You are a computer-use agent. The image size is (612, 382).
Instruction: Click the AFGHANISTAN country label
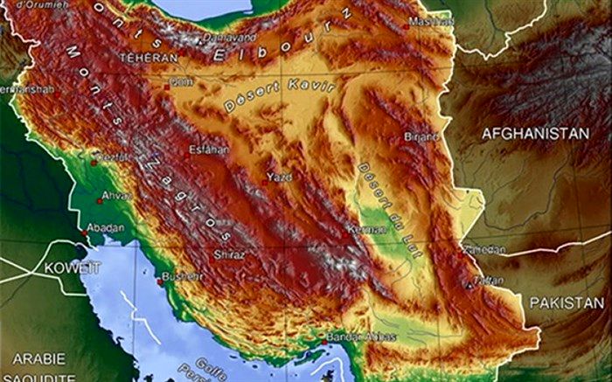pyautogui.click(x=536, y=133)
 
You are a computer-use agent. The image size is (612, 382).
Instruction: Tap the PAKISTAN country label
pyautogui.click(x=567, y=302)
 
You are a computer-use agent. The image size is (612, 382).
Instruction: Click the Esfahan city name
pyautogui.click(x=209, y=149)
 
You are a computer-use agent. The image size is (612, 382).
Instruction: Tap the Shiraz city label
pyautogui.click(x=230, y=254)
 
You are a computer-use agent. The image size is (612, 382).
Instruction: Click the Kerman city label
pyautogui.click(x=366, y=229)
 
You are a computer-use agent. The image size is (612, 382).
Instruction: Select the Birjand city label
pyautogui.click(x=421, y=137)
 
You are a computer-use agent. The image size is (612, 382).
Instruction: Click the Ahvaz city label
pyautogui.click(x=117, y=196)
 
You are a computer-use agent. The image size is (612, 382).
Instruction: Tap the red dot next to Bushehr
pyautogui.click(x=160, y=281)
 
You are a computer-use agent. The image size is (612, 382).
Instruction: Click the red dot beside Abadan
pyautogui.click(x=84, y=232)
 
